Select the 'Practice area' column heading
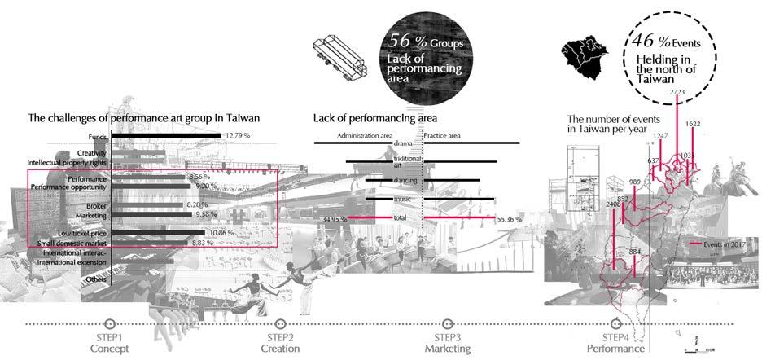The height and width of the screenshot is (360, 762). [x=442, y=135]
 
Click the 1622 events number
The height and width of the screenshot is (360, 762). [x=693, y=125]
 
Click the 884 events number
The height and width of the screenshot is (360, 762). [x=635, y=252]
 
